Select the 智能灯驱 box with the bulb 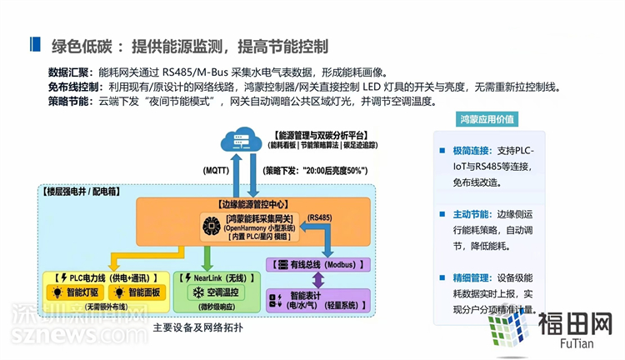pos(76,292)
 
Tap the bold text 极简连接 pos(470,151)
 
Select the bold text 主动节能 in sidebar pos(470,214)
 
